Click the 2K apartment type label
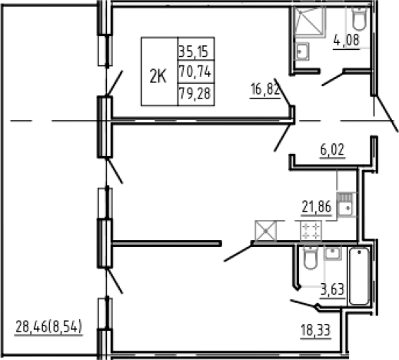pyautogui.click(x=158, y=76)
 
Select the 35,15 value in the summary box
pyautogui.click(x=193, y=52)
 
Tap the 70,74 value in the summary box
pyautogui.click(x=195, y=72)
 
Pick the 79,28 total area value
pyautogui.click(x=195, y=93)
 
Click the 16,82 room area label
pyautogui.click(x=265, y=89)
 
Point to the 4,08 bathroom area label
pyautogui.click(x=347, y=40)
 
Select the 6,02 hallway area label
pyautogui.click(x=332, y=149)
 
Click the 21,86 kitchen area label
pyautogui.click(x=317, y=207)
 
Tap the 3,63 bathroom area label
pyautogui.click(x=332, y=290)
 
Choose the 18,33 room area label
pyautogui.click(x=316, y=330)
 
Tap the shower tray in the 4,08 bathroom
pyautogui.click(x=309, y=22)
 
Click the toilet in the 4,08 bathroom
pyautogui.click(x=359, y=18)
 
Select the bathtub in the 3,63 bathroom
pyautogui.click(x=359, y=276)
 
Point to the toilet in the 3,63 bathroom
pyautogui.click(x=310, y=258)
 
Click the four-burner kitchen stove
pyautogui.click(x=311, y=231)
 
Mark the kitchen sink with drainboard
pyautogui.click(x=346, y=205)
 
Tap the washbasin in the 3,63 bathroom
pyautogui.click(x=333, y=253)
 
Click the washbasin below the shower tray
pyautogui.click(x=302, y=52)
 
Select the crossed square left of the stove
pyautogui.click(x=266, y=231)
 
